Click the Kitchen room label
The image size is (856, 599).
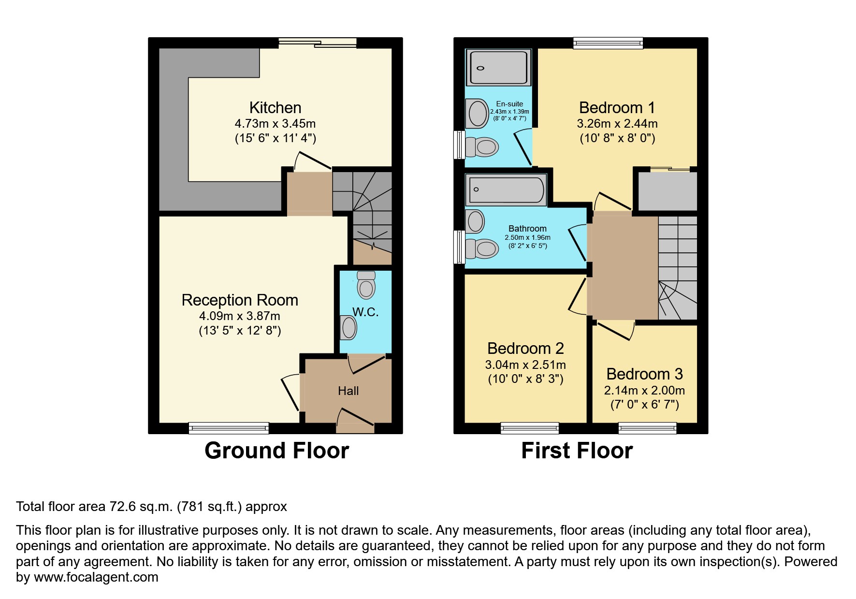[x=275, y=107]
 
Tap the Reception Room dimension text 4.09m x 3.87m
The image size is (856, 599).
[x=240, y=316]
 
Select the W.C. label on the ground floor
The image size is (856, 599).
[x=365, y=312]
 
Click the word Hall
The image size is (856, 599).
[x=348, y=391]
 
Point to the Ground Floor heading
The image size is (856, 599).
[x=276, y=451]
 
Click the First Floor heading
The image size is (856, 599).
[x=577, y=451]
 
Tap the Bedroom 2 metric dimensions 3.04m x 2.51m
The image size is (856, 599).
[x=525, y=365]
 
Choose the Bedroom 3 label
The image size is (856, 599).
[x=644, y=374]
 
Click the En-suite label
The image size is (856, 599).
[x=509, y=104]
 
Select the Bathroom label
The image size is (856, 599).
[x=527, y=229]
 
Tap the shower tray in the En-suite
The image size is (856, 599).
[x=498, y=68]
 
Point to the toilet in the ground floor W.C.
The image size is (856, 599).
[x=366, y=286]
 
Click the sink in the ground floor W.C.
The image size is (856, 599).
[x=348, y=328]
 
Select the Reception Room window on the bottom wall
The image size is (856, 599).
[x=229, y=428]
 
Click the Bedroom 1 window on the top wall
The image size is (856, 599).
[x=608, y=43]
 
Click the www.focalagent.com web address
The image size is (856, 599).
[x=96, y=577]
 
